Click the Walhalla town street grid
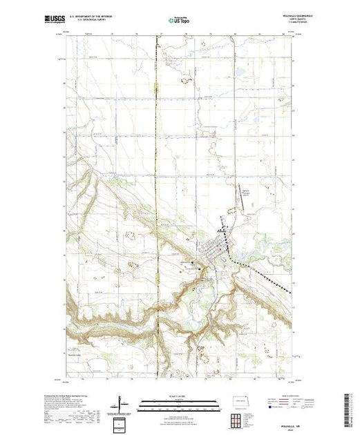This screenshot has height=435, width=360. (x=216, y=250)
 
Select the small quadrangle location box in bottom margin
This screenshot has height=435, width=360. (x=121, y=422)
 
